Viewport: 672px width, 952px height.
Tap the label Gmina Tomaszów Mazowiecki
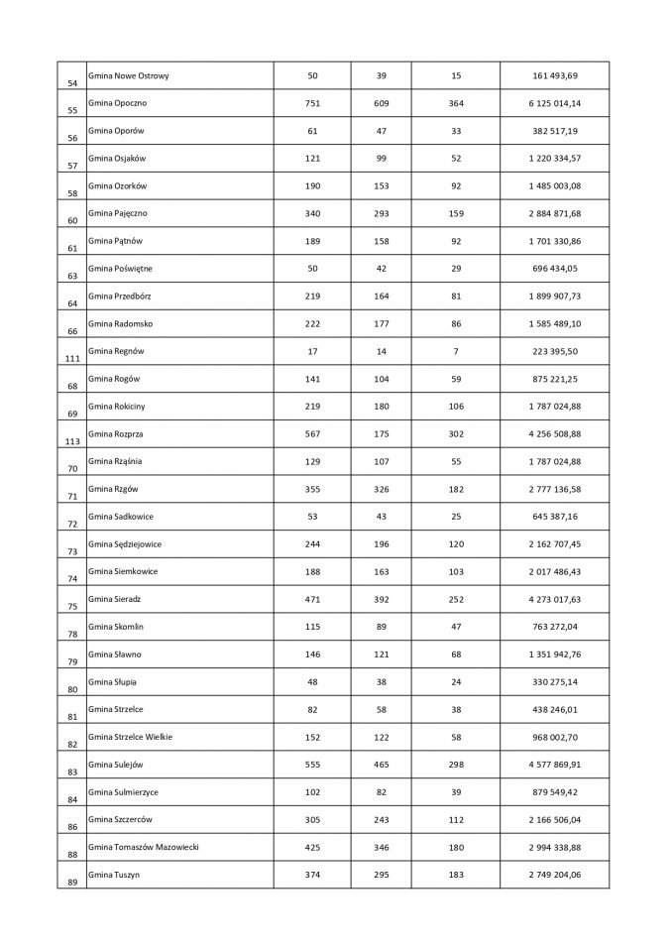point(143,847)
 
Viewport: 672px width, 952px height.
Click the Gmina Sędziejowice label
point(125,543)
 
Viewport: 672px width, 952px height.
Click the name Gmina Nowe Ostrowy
point(126,75)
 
